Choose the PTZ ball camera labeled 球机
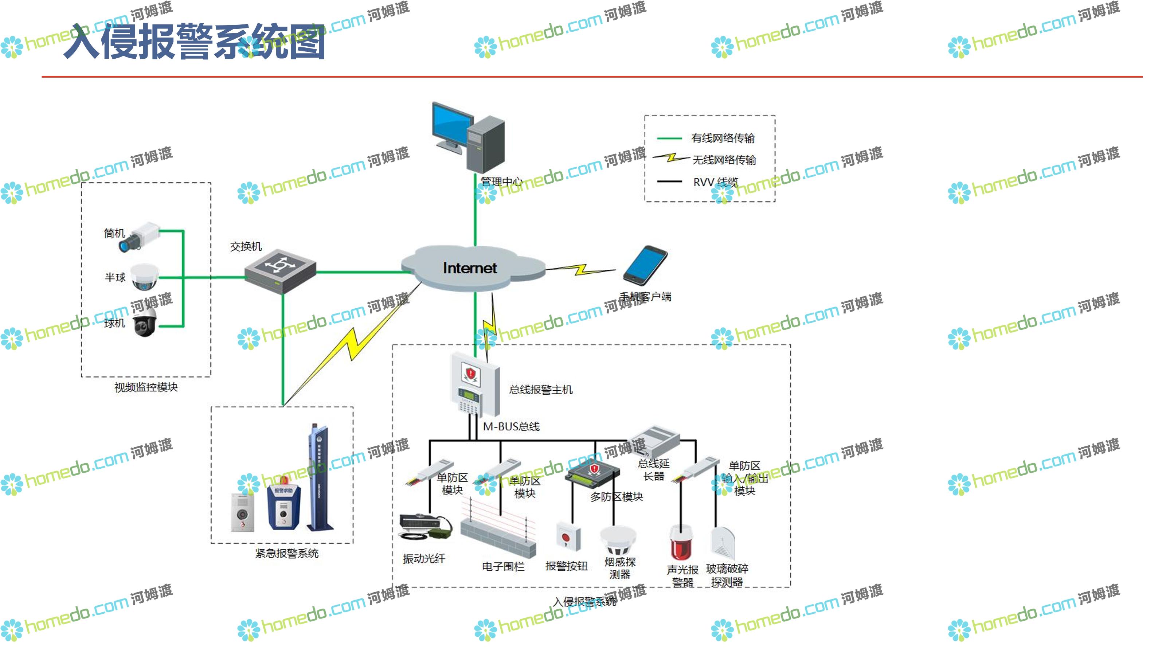point(145,322)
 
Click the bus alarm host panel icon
point(474,385)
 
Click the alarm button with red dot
point(568,538)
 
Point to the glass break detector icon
point(723,543)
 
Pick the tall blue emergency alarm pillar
point(319,478)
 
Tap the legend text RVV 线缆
point(715,182)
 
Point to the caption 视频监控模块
point(146,387)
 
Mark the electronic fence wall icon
point(498,530)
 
